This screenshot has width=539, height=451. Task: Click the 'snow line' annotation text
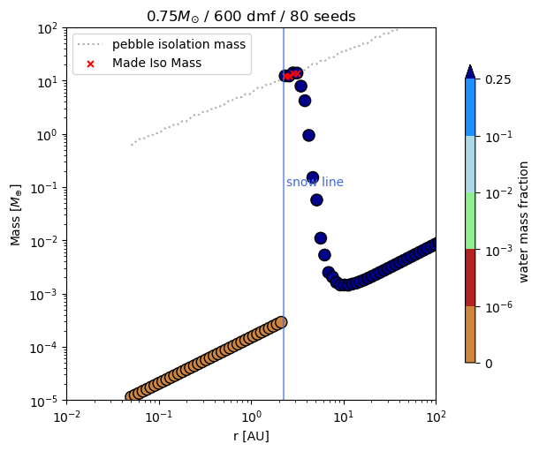click(x=315, y=183)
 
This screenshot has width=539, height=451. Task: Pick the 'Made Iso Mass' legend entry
click(x=156, y=62)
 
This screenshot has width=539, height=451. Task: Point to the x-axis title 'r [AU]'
click(x=250, y=436)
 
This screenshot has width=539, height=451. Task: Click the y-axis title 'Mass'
click(x=16, y=214)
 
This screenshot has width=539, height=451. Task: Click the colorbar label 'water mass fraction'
click(x=524, y=222)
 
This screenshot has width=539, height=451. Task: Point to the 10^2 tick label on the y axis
click(x=46, y=28)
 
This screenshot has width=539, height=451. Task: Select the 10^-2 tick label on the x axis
click(x=66, y=416)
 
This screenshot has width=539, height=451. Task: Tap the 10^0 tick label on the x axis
click(x=251, y=416)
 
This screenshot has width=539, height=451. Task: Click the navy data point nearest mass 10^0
click(x=308, y=135)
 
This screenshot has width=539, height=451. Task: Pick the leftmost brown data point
click(x=132, y=396)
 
